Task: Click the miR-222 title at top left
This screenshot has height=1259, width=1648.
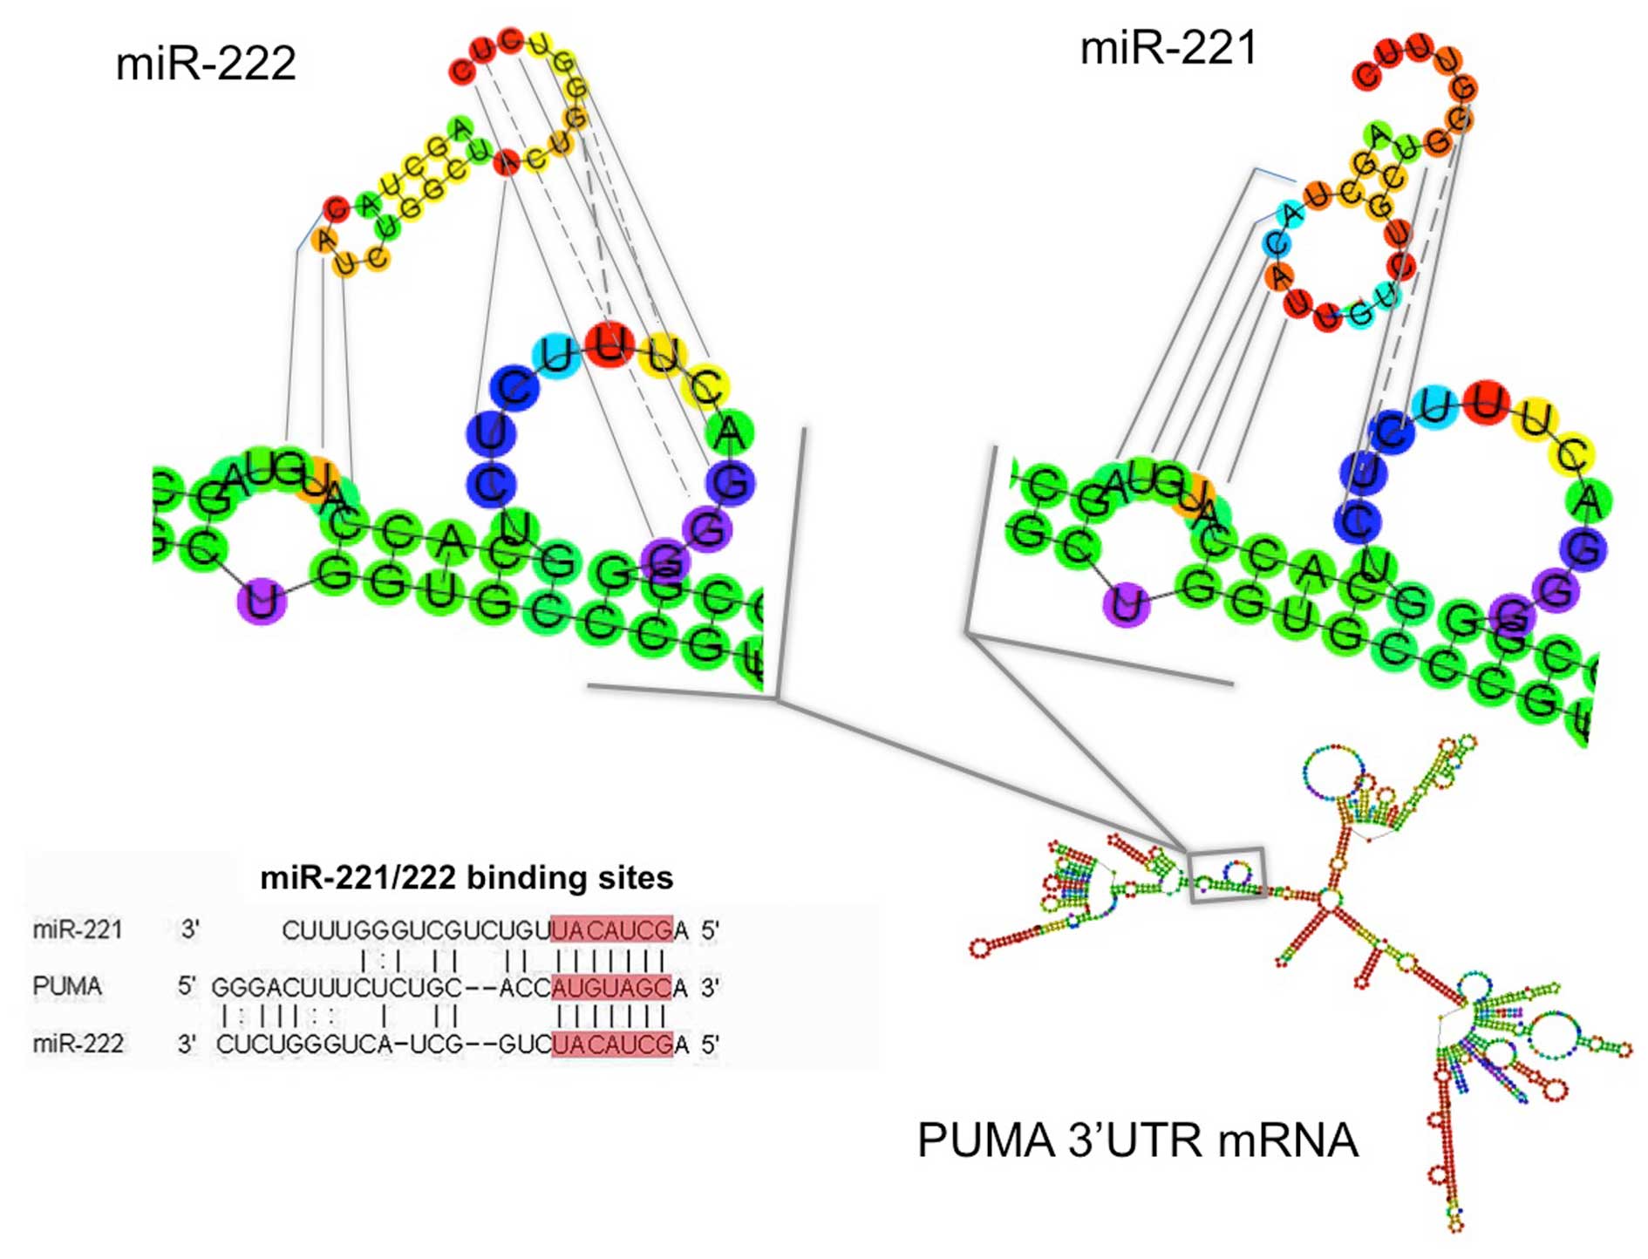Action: click(206, 64)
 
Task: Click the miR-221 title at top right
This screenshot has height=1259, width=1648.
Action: click(1168, 47)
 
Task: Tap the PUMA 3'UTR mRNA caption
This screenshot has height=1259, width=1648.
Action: click(1138, 1140)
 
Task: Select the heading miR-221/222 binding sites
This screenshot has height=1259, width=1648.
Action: click(466, 877)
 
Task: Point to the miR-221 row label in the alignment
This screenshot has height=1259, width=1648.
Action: click(78, 930)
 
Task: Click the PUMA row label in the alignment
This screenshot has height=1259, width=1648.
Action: click(67, 986)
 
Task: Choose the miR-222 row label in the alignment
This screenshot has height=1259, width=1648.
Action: click(78, 1043)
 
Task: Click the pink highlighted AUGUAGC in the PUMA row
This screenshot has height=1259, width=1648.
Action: click(611, 987)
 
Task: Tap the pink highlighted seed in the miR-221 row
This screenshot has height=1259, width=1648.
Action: click(611, 930)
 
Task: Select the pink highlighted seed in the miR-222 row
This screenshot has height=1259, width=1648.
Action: click(611, 1044)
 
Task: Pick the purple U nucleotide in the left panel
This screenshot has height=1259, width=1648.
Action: click(262, 601)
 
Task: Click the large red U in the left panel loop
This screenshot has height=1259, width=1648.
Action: click(609, 344)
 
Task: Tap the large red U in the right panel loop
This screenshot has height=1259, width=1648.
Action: click(1487, 403)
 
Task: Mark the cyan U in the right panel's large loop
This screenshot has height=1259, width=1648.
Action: click(1440, 405)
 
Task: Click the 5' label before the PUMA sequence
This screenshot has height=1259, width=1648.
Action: click(187, 986)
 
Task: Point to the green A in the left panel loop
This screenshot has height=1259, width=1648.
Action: click(730, 433)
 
